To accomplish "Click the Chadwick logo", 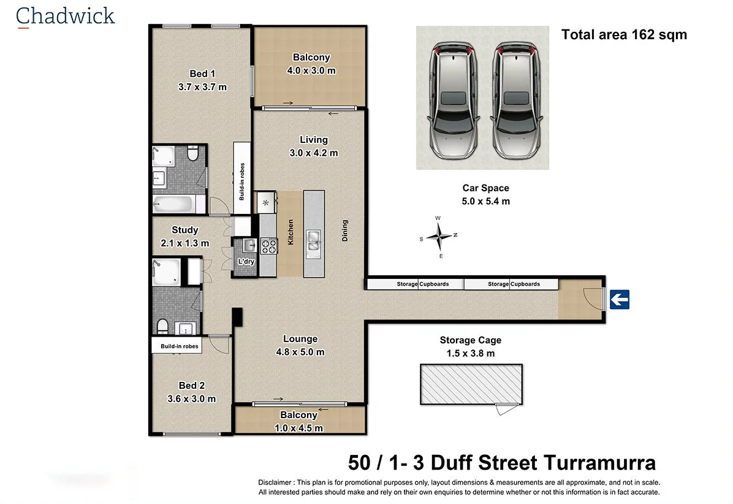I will click(65, 16).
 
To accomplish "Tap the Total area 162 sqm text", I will click(624, 34).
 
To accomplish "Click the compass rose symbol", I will click(439, 235).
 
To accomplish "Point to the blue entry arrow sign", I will click(620, 300).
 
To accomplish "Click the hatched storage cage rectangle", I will click(471, 384).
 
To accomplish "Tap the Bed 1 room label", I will click(202, 74).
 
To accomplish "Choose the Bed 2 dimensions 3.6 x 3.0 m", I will click(191, 399).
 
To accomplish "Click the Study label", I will click(184, 230).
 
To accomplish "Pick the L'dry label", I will click(246, 262).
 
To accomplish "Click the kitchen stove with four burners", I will click(269, 246).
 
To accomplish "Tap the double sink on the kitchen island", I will click(313, 241).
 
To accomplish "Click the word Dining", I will click(345, 231).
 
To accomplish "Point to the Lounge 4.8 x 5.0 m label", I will click(300, 345).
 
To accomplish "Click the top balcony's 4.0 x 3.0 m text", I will click(311, 71).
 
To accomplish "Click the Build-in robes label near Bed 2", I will click(180, 346).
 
